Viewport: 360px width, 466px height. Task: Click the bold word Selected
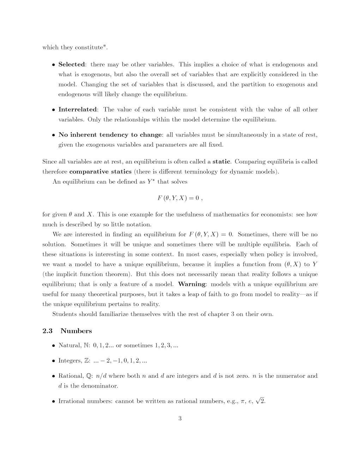tap(72, 64)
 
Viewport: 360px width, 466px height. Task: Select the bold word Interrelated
tap(77, 109)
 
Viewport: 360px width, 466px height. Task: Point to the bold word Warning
tap(192, 284)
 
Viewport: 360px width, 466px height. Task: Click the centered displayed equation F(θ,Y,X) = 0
tap(179, 198)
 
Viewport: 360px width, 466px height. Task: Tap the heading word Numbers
tap(76, 331)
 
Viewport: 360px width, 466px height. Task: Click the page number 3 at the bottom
tap(180, 419)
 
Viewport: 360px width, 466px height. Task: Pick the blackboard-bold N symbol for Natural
tap(86, 346)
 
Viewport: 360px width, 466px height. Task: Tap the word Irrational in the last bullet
tap(72, 401)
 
